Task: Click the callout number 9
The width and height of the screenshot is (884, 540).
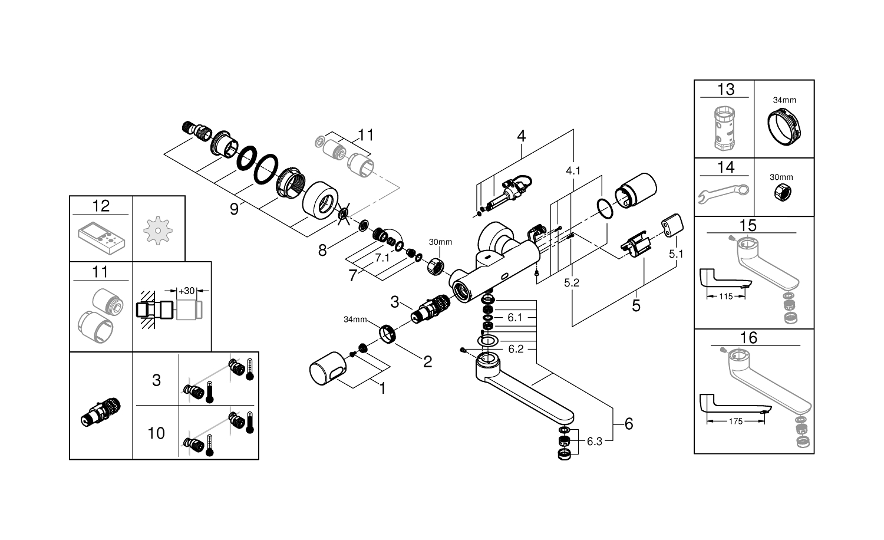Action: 234,209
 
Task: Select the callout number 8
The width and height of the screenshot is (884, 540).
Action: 322,250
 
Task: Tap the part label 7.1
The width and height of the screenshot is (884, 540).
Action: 382,258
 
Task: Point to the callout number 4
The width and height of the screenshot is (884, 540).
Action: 521,136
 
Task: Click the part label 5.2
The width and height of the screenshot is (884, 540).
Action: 572,283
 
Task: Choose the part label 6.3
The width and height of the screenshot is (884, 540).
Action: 595,441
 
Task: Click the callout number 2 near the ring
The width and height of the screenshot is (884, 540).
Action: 427,361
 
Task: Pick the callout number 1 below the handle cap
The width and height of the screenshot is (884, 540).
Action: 382,389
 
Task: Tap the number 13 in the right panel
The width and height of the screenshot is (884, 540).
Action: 726,89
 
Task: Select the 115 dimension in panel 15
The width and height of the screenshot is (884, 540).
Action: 726,297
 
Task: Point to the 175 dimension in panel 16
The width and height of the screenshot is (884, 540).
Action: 735,422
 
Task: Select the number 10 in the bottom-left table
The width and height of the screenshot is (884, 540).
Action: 156,433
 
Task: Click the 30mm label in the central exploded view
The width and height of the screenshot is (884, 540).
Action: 440,242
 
